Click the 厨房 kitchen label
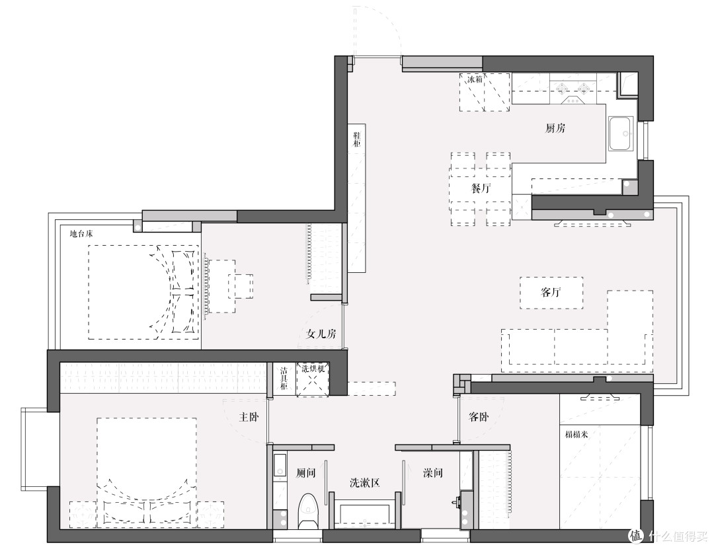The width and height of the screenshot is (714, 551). [555, 128]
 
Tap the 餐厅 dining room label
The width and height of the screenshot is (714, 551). [481, 188]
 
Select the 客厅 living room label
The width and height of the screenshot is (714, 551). [551, 292]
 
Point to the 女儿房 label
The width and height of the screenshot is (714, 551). [321, 334]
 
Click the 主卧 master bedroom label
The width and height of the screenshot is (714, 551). [249, 417]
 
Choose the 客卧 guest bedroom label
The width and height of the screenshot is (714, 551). [479, 417]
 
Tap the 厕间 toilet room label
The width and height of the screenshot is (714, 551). [305, 473]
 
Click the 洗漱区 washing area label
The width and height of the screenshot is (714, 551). [365, 483]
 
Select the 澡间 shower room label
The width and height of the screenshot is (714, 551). [432, 473]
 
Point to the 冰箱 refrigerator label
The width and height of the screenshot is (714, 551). [475, 79]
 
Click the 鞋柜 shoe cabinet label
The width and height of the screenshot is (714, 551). [357, 139]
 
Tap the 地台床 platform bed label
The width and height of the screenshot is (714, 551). [81, 234]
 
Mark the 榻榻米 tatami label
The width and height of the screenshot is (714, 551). [576, 435]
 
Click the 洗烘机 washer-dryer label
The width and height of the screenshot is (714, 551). [313, 369]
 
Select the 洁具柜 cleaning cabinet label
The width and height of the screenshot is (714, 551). [284, 378]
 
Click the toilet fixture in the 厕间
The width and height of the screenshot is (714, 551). [308, 511]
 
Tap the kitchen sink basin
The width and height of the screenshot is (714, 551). [621, 133]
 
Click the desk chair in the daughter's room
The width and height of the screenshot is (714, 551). [244, 285]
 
